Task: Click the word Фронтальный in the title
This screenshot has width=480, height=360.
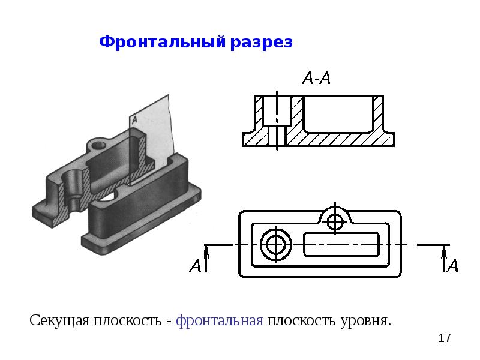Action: click(162, 43)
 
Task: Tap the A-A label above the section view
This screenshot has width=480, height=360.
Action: click(316, 78)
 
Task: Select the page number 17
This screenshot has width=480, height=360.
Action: click(445, 338)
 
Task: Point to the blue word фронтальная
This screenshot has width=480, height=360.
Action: click(220, 320)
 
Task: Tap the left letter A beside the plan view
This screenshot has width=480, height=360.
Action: click(195, 265)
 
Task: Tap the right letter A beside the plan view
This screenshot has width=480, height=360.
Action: click(454, 265)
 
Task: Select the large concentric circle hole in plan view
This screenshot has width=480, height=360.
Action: click(276, 245)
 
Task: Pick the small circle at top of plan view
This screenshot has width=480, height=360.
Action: click(335, 221)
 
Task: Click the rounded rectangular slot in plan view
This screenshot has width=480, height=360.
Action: click(342, 245)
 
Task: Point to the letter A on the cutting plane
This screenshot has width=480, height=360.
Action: click(135, 119)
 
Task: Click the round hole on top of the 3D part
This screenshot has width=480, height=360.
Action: click(98, 145)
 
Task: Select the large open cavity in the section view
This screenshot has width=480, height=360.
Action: click(339, 112)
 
